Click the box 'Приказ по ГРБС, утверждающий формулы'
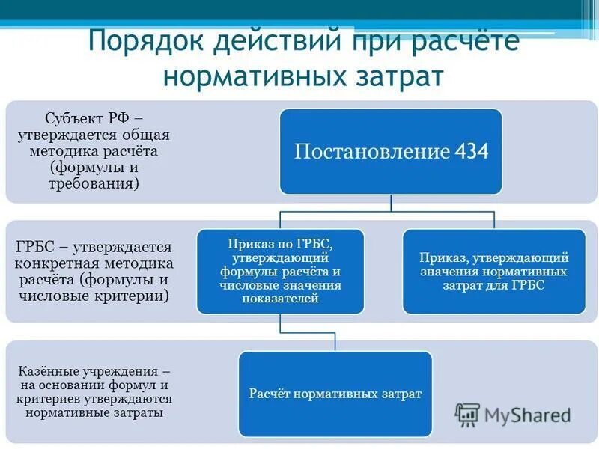pyautogui.click(x=281, y=271)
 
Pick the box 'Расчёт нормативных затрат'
pyautogui.click(x=335, y=394)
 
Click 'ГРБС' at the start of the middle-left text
pyautogui.click(x=33, y=247)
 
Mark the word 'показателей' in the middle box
pyautogui.click(x=281, y=299)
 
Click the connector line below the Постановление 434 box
pyautogui.click(x=391, y=203)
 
